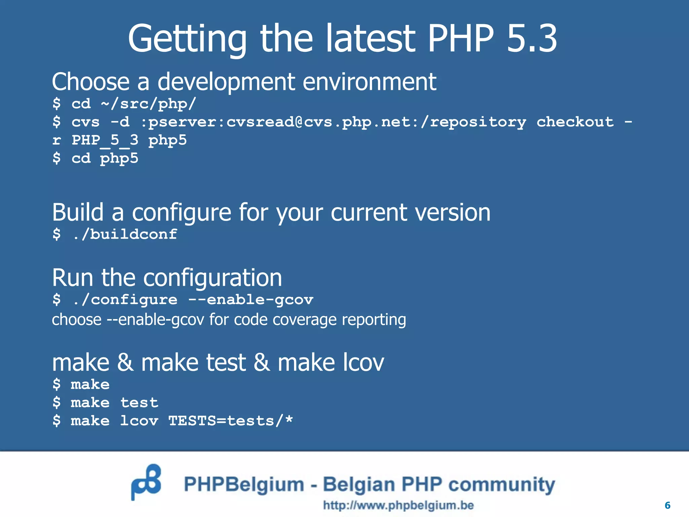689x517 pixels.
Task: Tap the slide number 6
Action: coord(667,505)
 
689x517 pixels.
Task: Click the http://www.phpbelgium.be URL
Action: coord(398,505)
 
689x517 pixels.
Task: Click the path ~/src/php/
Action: coord(148,104)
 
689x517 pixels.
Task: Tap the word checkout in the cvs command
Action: coord(575,122)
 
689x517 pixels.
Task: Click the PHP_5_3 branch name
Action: coord(105,140)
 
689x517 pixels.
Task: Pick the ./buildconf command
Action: coord(124,234)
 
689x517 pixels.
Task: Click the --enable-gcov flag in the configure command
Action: coord(251,300)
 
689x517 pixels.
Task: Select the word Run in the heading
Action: coord(72,278)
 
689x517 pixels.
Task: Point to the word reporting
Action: coord(374,320)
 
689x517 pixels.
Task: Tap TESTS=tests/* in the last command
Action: coord(230,421)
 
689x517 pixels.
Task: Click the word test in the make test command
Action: coord(139,403)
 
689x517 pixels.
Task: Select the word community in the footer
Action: coord(502,485)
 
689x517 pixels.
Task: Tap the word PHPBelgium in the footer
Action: coord(244,485)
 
